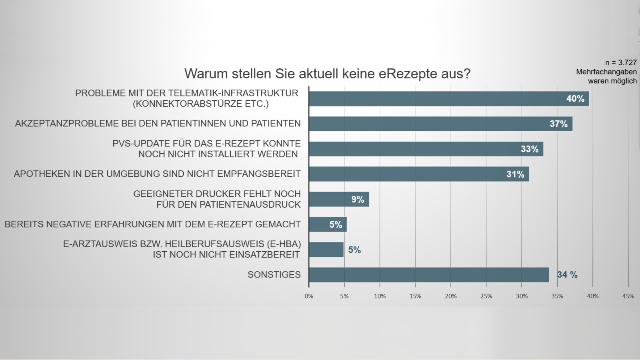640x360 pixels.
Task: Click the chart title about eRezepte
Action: [x=327, y=74]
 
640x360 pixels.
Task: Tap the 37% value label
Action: [x=558, y=124]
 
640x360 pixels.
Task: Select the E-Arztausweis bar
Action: [x=326, y=250]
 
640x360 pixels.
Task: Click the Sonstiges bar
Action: [x=429, y=275]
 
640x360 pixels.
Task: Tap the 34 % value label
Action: [x=567, y=275]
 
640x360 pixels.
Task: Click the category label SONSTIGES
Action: [x=274, y=275]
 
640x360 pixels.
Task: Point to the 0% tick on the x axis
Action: [x=309, y=296]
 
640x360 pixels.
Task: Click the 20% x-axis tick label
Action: [x=451, y=296]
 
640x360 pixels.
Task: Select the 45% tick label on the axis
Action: [x=628, y=296]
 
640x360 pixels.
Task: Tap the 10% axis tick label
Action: [x=380, y=296]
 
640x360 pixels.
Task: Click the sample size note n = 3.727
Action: [x=621, y=62]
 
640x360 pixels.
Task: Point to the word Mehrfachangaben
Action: [x=606, y=72]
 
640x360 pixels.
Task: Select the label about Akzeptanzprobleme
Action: [x=158, y=124]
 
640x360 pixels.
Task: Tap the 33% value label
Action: [x=530, y=149]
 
